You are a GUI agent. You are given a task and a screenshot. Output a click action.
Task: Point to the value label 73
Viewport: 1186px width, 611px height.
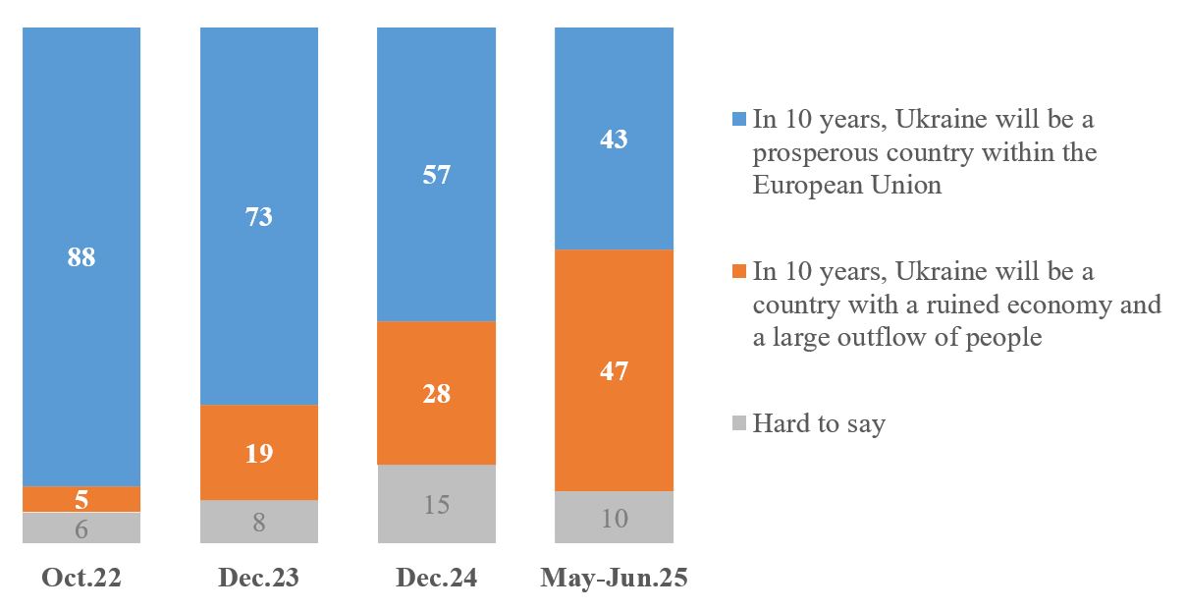(x=259, y=217)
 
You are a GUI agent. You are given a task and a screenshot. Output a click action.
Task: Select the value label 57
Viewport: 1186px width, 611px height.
(x=437, y=176)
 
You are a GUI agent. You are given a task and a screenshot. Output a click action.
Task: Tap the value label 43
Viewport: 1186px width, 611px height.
(x=614, y=139)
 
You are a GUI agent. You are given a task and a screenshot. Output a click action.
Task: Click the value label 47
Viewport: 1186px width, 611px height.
(x=614, y=371)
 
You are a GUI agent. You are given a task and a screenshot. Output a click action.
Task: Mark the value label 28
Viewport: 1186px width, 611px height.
(x=437, y=394)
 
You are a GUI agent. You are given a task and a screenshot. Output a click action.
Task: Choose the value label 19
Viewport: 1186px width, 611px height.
(x=259, y=454)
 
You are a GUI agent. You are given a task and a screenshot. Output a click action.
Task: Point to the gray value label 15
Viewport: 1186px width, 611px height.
(x=437, y=505)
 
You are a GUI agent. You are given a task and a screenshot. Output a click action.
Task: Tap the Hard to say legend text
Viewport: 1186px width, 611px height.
(x=819, y=424)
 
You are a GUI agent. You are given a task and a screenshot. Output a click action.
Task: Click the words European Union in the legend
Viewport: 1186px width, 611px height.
(x=846, y=185)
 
